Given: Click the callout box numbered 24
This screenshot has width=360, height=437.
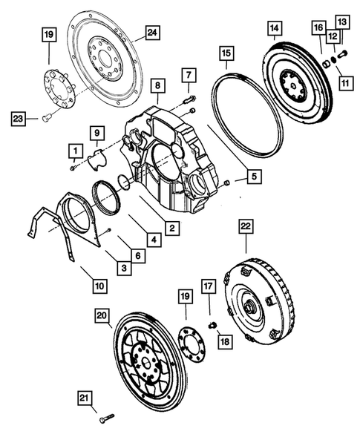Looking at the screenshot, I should (x=152, y=32).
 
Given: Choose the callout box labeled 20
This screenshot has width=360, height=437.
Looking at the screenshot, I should (x=102, y=316).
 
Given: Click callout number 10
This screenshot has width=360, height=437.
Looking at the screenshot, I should (x=99, y=283).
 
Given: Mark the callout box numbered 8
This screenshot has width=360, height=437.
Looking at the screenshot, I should (x=157, y=86).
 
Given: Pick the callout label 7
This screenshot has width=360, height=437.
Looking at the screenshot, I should (x=189, y=75).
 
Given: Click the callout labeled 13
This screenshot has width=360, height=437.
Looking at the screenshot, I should (x=342, y=22).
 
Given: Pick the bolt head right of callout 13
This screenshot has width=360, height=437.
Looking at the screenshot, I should (x=344, y=53).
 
